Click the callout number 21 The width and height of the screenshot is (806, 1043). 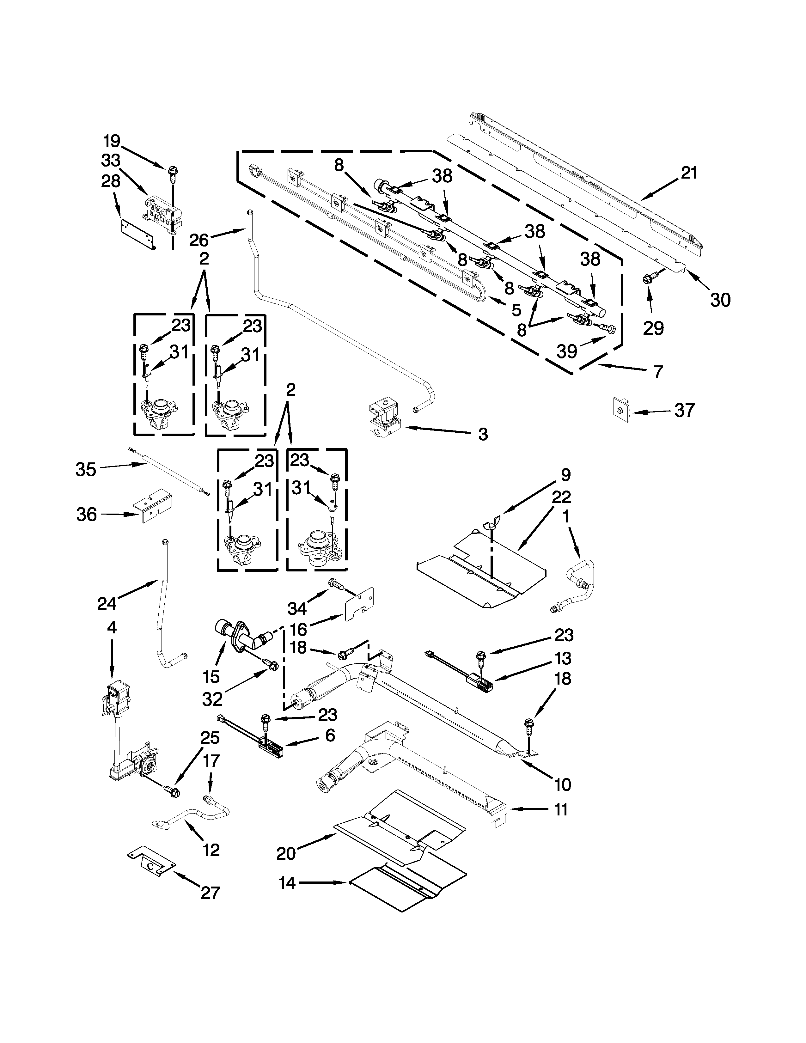click(x=688, y=173)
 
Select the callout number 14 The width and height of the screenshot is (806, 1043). click(x=287, y=883)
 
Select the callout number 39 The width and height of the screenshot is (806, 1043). click(x=567, y=351)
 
